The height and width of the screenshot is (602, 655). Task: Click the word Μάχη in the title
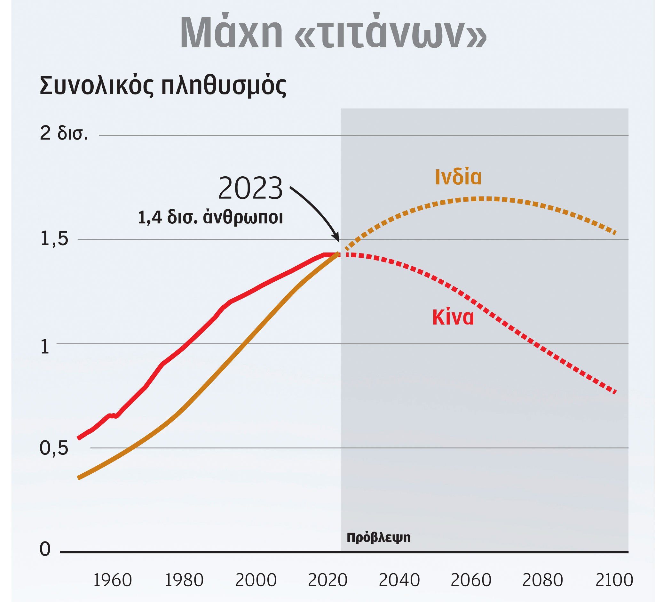coord(232,32)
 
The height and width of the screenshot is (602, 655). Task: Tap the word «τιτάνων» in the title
coord(391,32)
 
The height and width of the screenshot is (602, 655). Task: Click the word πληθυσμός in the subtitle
coord(224,86)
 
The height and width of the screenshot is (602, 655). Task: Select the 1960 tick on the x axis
coord(113,581)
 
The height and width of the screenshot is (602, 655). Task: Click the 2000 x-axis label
coord(256,581)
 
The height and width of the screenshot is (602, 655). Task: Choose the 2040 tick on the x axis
coord(399,581)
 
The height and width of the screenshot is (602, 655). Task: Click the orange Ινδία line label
coord(458,177)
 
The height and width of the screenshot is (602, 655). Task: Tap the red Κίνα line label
coord(453,317)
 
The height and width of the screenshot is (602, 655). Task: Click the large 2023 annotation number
coord(250,188)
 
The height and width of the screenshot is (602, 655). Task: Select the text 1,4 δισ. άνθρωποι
coord(210,217)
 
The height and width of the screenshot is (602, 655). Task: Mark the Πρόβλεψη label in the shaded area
coord(379,537)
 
